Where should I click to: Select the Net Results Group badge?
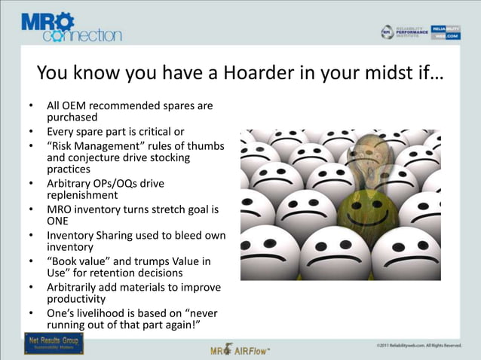(x=54, y=343)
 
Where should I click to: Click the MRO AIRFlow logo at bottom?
(x=240, y=349)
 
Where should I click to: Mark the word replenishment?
(x=82, y=195)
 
